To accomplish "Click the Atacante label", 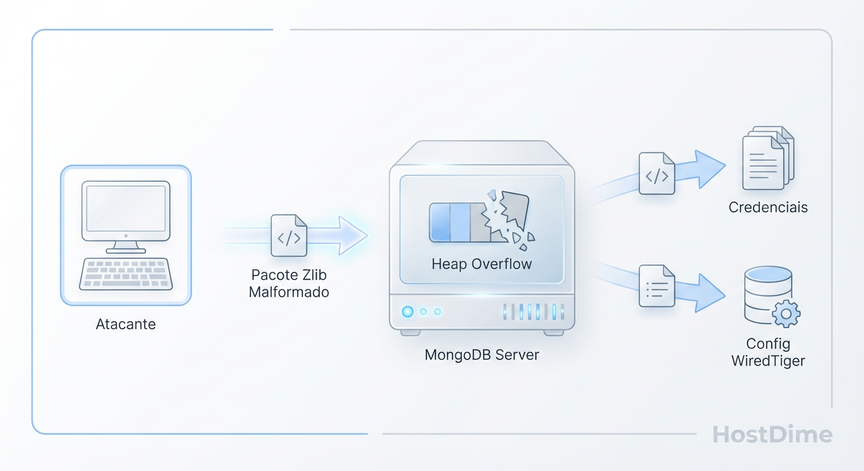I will tap(126, 324).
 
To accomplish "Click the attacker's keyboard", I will tap(126, 274).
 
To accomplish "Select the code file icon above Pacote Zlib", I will tap(288, 235).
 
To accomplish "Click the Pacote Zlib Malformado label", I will tap(288, 283).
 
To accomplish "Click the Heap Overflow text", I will tap(482, 264).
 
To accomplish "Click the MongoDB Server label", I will tap(482, 354).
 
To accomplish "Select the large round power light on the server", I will tap(407, 312).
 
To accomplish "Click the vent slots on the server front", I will tap(533, 312).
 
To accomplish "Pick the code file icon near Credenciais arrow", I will tap(657, 174).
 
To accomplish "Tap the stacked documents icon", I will tap(767, 158).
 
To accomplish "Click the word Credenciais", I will tap(768, 207).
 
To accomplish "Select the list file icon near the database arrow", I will tap(657, 285).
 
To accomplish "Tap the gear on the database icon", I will tap(785, 314).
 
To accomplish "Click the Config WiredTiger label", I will tap(768, 352).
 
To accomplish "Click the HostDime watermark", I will tap(772, 434).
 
